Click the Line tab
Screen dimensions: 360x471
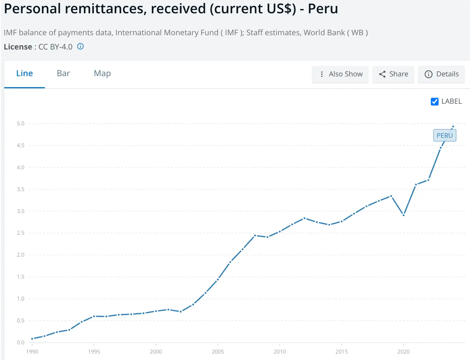tap(24, 73)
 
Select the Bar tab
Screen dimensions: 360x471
tap(63, 73)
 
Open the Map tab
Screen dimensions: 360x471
tap(102, 73)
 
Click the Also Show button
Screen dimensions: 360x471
tap(340, 74)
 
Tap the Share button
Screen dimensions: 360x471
tap(393, 74)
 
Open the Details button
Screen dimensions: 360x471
tap(441, 74)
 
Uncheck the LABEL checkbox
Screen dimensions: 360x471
tap(434, 102)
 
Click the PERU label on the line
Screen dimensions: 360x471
tap(445, 136)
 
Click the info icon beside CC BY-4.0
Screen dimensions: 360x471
tap(81, 46)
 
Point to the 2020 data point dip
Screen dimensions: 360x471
tap(404, 215)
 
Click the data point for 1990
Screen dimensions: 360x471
tap(32, 338)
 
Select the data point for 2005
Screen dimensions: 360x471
tap(218, 279)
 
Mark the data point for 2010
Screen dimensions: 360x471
tap(280, 232)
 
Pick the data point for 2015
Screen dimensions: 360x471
tap(341, 222)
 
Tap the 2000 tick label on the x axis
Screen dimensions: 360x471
tap(156, 352)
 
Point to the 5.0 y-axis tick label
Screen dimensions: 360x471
tap(21, 124)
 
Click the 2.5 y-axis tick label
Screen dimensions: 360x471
tap(21, 233)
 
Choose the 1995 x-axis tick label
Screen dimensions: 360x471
tap(94, 352)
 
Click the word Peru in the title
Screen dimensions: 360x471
tap(323, 9)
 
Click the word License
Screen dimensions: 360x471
tap(18, 47)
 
